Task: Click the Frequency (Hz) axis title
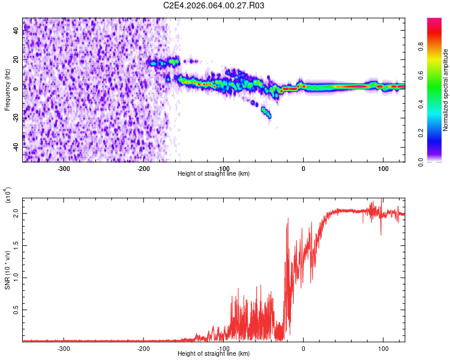pos(7,90)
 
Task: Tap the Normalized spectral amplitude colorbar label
pos(446,90)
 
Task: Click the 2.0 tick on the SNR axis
pos(16,213)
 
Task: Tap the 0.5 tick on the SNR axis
pos(16,310)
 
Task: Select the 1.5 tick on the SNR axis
pos(16,245)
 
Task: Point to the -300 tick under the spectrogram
pos(64,168)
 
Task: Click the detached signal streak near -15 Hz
pos(266,112)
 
